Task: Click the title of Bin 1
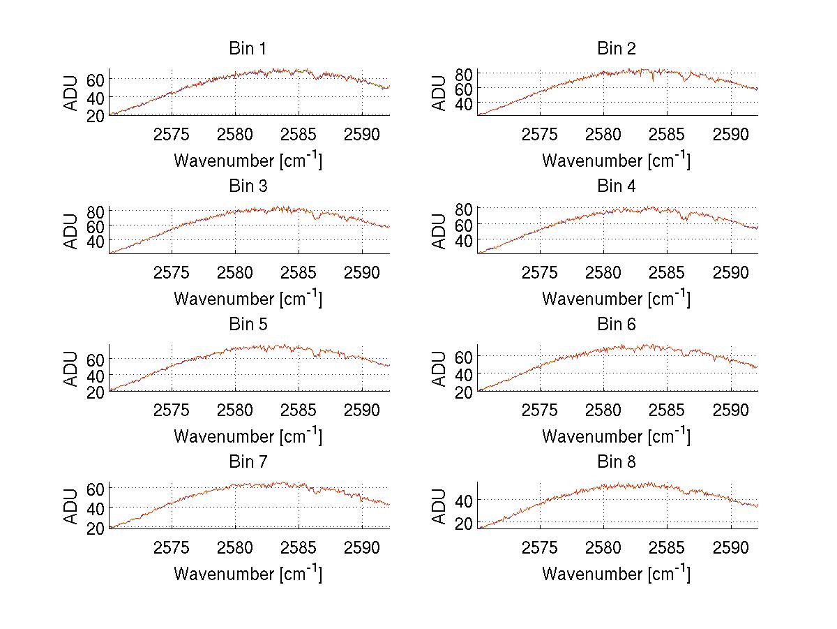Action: pos(248,49)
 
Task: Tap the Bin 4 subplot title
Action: pos(616,186)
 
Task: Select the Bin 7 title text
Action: pos(248,462)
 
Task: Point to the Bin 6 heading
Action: pos(616,325)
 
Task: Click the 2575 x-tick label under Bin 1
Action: pos(172,134)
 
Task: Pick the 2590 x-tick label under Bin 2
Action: pos(730,134)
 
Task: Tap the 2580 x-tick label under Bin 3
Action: pos(235,272)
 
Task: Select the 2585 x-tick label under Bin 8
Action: pos(667,547)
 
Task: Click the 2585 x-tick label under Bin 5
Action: pos(299,409)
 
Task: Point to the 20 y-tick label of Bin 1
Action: pos(96,115)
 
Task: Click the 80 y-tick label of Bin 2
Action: pos(464,73)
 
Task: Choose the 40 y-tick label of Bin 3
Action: pos(96,241)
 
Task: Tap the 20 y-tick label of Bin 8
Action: pos(464,523)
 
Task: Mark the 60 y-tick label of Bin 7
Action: pos(96,487)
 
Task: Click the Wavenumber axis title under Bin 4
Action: pos(616,298)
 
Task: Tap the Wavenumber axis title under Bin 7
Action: pos(248,573)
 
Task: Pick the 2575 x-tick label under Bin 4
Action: pos(540,272)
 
